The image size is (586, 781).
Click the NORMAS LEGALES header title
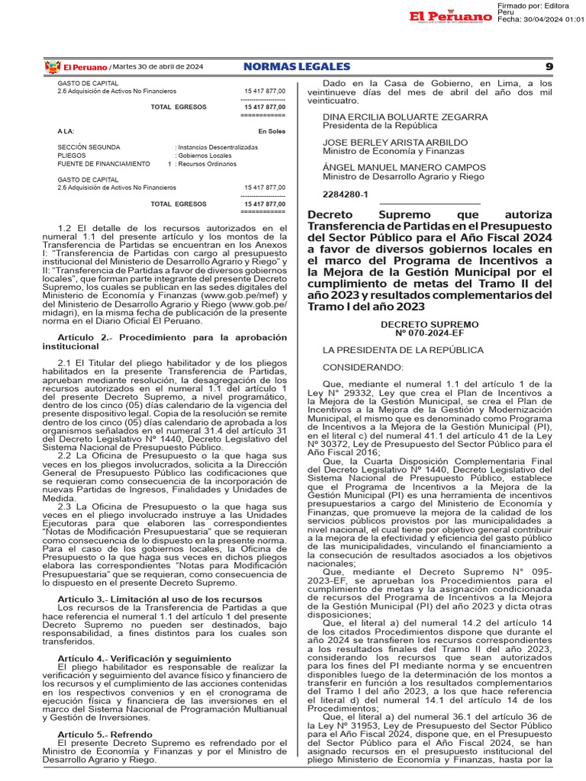[297, 67]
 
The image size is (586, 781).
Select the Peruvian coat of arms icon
[53, 67]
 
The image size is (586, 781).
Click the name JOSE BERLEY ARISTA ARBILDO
[394, 142]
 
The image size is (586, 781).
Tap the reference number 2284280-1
[346, 194]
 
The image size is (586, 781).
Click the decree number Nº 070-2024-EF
[430, 333]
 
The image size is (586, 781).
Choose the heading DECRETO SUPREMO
[430, 324]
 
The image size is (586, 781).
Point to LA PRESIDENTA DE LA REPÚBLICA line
[403, 350]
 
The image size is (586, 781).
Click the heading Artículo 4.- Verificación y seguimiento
[144, 658]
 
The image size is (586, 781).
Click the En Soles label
[272, 132]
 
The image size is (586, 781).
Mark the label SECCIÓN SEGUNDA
[89, 147]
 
